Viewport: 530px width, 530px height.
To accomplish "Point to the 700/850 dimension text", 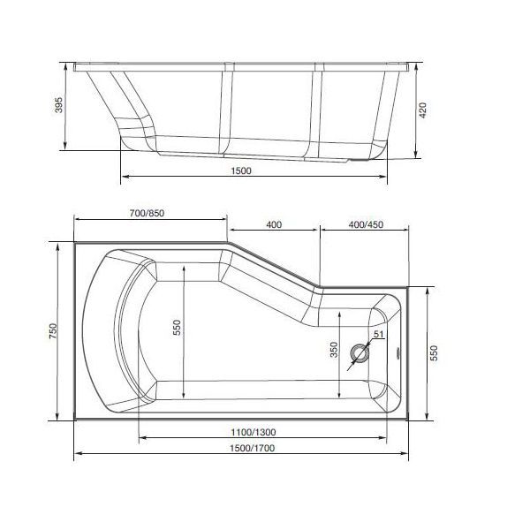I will (x=147, y=214).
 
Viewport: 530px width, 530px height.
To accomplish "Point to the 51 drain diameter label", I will (x=377, y=335).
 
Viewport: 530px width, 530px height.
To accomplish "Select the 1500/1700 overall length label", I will (x=244, y=448).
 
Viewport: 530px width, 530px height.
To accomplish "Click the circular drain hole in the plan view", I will (x=361, y=354).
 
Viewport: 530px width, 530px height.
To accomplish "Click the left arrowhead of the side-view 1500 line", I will (x=122, y=177).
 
